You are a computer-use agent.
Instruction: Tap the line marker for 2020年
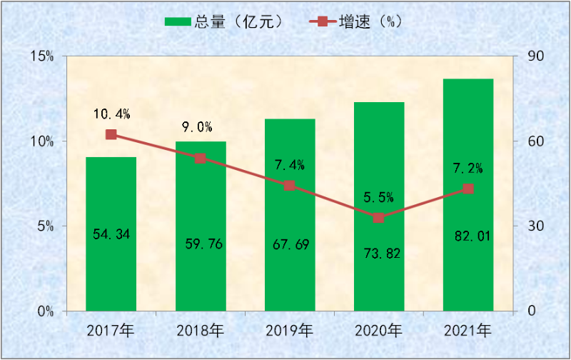coord(378,217)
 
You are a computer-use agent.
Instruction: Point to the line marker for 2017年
coord(111,134)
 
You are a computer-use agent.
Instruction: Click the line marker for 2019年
coord(289,186)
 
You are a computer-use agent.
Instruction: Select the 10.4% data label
coord(111,114)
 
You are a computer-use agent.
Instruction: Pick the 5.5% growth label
coord(379,197)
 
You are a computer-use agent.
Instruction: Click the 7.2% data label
coord(468,169)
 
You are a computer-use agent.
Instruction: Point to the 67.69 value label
coord(290,244)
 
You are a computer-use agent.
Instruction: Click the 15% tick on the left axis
coord(41,56)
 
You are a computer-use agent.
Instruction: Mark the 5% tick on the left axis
coord(44,226)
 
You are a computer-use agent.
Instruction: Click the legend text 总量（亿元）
coord(240,21)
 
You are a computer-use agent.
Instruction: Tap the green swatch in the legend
coord(178,21)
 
